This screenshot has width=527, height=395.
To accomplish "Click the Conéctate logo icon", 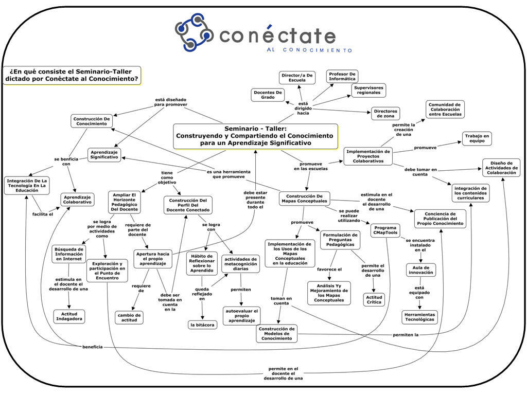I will (194, 32).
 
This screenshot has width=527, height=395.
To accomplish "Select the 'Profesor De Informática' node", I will (342, 76).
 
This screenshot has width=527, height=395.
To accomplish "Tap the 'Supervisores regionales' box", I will (368, 90).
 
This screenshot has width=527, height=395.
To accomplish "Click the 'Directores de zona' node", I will (385, 113).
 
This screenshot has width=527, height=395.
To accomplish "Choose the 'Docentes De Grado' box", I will (268, 95).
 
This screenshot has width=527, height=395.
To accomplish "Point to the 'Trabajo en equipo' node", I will (477, 138).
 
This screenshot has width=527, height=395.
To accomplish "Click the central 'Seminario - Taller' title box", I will (255, 136).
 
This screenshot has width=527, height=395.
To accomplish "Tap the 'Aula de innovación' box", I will (420, 270).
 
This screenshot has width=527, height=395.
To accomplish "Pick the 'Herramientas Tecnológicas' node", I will (419, 317).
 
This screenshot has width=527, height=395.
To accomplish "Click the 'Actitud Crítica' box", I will (374, 299).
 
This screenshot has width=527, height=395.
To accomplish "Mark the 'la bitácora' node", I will (203, 325).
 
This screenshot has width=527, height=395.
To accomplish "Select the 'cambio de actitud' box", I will (129, 318).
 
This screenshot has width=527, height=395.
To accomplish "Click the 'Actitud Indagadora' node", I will (69, 316).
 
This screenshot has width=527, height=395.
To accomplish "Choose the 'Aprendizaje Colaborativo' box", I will (77, 199).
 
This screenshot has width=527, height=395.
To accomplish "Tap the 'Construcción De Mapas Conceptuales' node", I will (304, 199).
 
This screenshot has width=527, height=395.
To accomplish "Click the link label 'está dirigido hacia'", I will (304, 109).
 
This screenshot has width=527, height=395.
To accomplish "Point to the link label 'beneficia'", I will (93, 347).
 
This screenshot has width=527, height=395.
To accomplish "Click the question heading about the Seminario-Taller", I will (71, 76).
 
